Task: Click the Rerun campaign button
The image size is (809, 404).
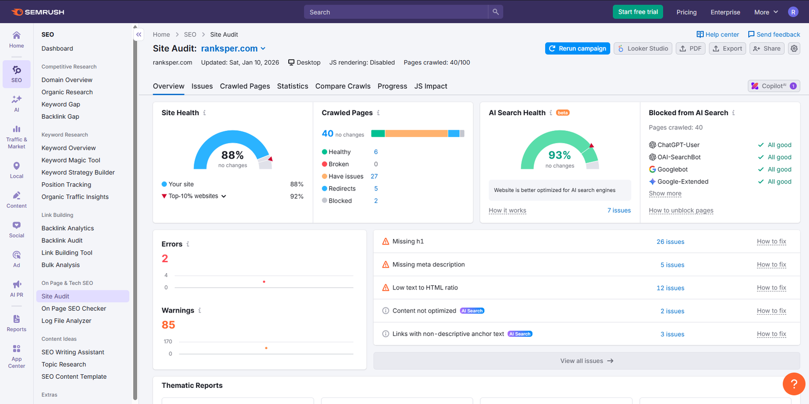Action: click(577, 48)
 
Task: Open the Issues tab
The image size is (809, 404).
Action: click(202, 86)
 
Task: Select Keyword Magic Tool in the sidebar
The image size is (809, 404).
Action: click(71, 160)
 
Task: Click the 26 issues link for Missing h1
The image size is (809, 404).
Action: click(670, 242)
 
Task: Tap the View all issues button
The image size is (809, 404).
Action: click(587, 361)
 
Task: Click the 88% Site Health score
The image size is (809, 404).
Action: click(232, 155)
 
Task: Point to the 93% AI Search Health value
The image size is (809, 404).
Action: click(559, 155)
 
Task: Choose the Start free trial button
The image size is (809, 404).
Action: click(638, 12)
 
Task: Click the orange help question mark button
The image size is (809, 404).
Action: click(794, 384)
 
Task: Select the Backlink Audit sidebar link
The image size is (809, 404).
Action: click(62, 240)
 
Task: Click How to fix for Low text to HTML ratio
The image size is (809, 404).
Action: click(771, 288)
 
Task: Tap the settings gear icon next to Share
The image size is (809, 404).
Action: click(794, 48)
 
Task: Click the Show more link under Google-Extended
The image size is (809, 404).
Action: click(665, 193)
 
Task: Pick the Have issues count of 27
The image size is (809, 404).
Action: click(374, 176)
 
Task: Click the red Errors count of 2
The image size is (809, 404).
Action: click(165, 259)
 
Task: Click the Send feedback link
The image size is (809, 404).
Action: click(774, 34)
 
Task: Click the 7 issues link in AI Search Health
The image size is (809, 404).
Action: click(619, 211)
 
